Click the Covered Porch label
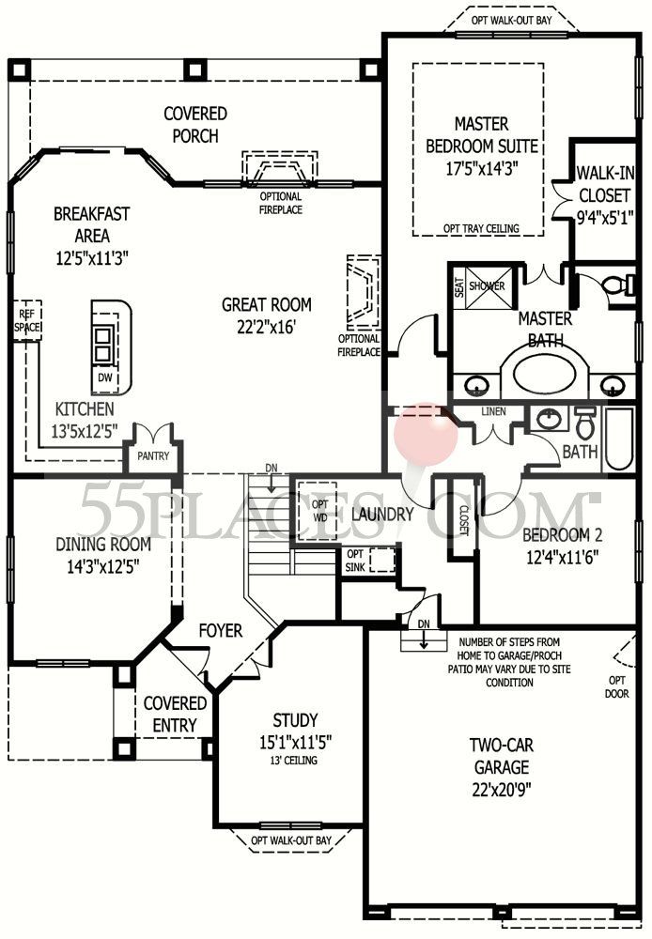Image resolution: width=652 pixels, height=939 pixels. [x=195, y=125]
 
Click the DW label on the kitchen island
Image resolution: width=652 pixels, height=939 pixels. [x=105, y=377]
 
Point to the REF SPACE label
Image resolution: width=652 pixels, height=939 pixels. [x=27, y=320]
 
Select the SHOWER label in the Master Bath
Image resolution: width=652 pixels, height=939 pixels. [x=487, y=285]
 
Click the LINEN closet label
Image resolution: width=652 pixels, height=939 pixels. [x=493, y=411]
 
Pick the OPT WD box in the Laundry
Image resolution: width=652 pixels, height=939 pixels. [x=320, y=511]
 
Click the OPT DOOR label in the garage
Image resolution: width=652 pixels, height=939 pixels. [x=616, y=687]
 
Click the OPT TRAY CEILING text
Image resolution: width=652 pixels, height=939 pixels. [x=482, y=228]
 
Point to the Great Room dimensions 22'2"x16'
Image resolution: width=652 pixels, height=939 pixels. [x=266, y=327]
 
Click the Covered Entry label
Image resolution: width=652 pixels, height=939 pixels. [x=175, y=714]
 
